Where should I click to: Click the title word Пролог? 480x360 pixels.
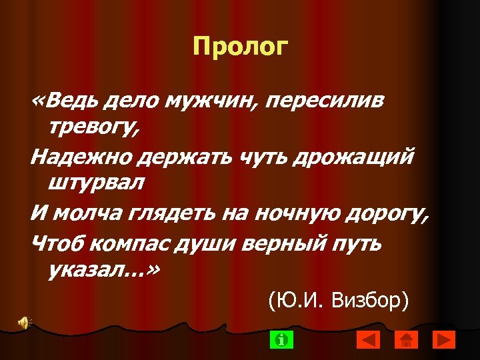coord(240,47)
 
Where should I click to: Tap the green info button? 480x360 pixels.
coord(282,340)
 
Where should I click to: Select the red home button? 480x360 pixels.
coord(406,340)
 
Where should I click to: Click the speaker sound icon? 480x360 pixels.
coord(24,323)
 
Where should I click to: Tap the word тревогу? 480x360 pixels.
coord(92,127)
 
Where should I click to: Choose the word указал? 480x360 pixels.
coord(87,270)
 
